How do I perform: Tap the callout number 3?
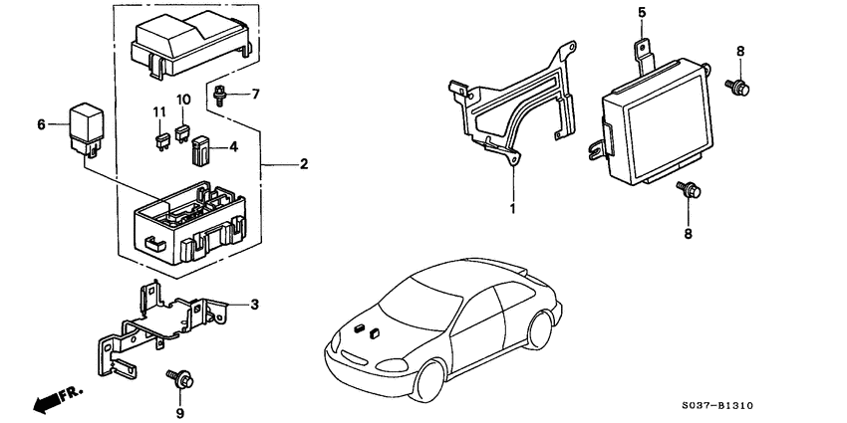pyautogui.click(x=254, y=304)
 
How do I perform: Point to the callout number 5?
pyautogui.click(x=642, y=13)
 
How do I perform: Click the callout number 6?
pyautogui.click(x=42, y=124)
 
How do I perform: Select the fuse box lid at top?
pyautogui.click(x=189, y=45)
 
